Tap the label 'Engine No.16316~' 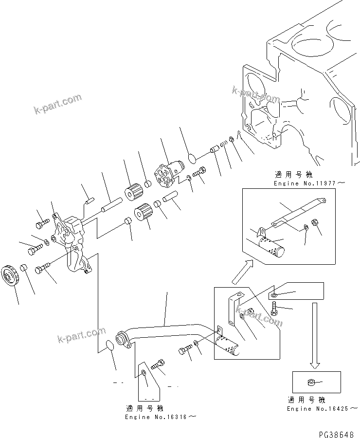pos(161,417)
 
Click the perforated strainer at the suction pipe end pos(227,345)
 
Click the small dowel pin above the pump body pos(89,199)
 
